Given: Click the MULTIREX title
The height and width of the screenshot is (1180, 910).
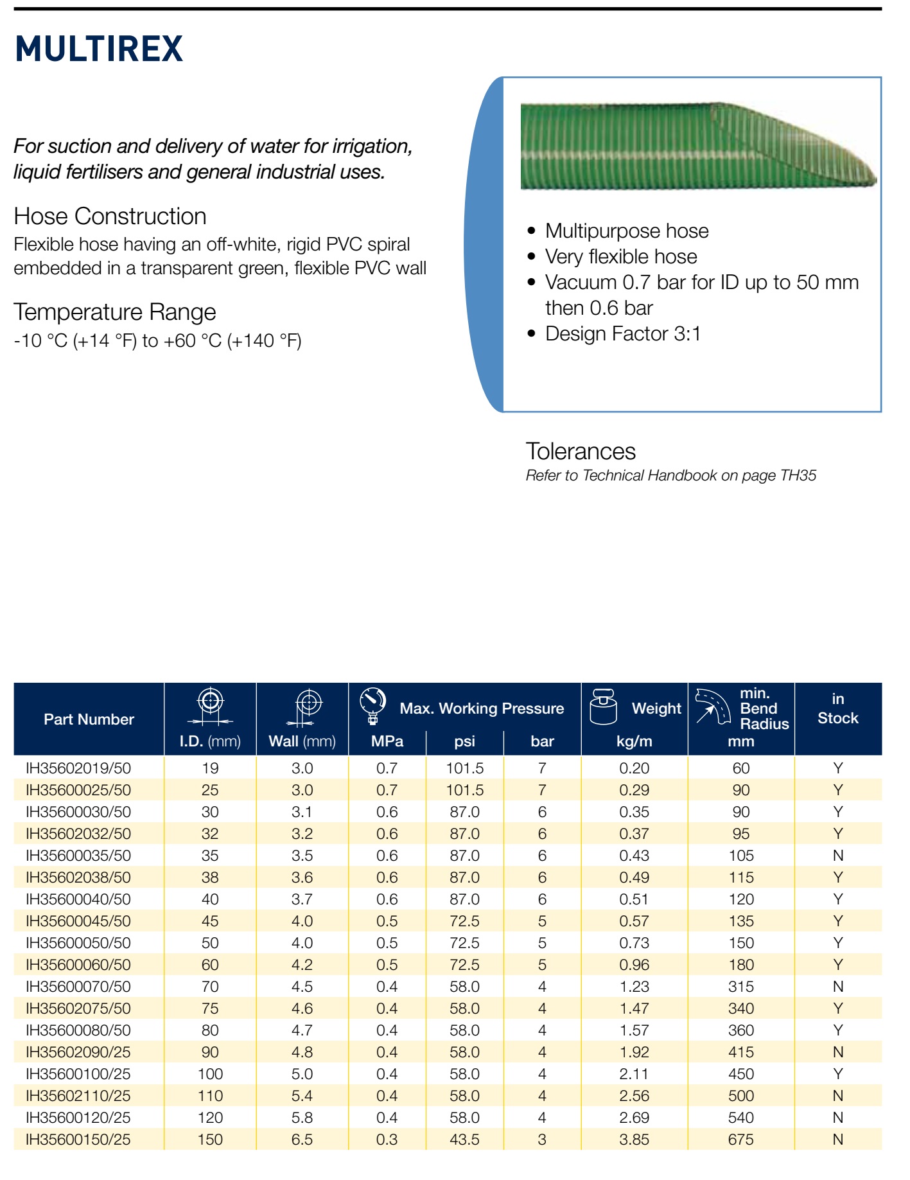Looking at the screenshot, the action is [x=99, y=49].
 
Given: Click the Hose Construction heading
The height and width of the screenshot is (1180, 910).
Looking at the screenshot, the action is [x=110, y=216].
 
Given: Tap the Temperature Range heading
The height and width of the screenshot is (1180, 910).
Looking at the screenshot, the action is [x=115, y=312].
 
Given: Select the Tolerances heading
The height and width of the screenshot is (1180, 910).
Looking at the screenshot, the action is [x=581, y=451].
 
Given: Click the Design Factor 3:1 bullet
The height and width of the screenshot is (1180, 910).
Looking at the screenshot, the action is [x=622, y=334].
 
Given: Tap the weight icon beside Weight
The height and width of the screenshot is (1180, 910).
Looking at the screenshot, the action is [x=603, y=707].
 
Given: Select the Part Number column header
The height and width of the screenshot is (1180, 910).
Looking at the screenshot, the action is [x=89, y=719].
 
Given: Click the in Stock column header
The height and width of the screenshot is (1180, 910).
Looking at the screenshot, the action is [x=838, y=709].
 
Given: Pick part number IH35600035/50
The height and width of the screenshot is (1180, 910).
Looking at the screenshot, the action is [x=78, y=856].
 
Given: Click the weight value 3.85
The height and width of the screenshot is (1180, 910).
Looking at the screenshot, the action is [x=634, y=1140].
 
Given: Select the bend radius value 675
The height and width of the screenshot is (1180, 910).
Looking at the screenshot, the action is [x=741, y=1140].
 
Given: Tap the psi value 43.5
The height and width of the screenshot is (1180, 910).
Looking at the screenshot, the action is [x=465, y=1140].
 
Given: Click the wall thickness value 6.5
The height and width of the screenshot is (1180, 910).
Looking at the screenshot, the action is [x=302, y=1140].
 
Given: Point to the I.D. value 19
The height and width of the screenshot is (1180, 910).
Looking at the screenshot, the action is [x=210, y=768].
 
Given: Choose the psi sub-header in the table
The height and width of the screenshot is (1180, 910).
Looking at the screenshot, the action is [x=465, y=741].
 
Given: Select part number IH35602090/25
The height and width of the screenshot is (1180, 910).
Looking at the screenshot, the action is [x=78, y=1052].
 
